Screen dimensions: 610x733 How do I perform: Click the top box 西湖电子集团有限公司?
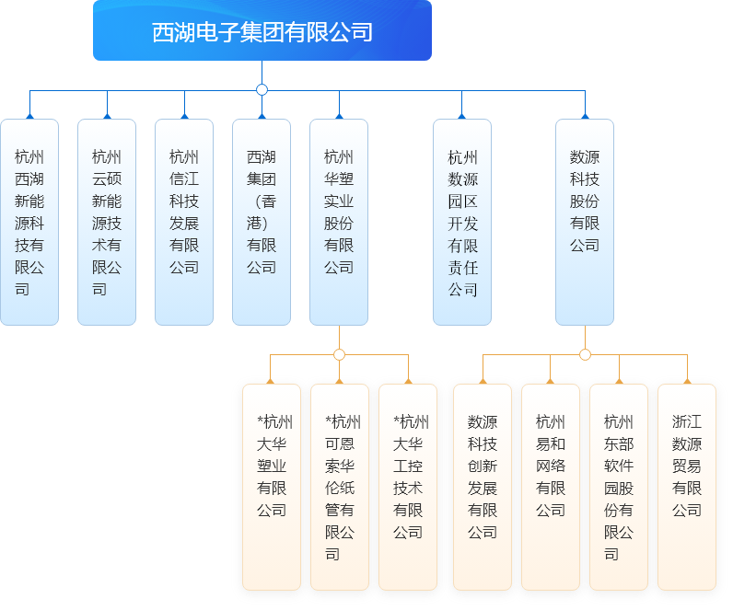pyautogui.click(x=262, y=31)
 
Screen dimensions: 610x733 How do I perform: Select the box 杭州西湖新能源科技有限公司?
pyautogui.click(x=29, y=223)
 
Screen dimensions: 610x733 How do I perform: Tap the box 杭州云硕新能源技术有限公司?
pyautogui.click(x=107, y=223)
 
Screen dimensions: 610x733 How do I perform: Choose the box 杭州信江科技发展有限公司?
pyautogui.click(x=184, y=223)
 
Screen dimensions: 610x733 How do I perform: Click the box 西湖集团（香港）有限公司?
pyautogui.click(x=262, y=223)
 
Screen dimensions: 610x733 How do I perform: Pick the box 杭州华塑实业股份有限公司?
pyautogui.click(x=339, y=223)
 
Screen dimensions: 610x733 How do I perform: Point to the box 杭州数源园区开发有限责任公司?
pyautogui.click(x=462, y=223)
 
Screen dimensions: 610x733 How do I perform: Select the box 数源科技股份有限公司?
pyautogui.click(x=585, y=223)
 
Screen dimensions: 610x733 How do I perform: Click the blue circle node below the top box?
pyautogui.click(x=262, y=90)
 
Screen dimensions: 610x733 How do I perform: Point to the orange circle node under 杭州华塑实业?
pyautogui.click(x=339, y=354)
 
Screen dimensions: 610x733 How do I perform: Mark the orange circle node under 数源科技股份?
pyautogui.click(x=585, y=354)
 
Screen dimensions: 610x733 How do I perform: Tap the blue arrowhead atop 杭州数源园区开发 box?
pyautogui.click(x=462, y=116)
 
